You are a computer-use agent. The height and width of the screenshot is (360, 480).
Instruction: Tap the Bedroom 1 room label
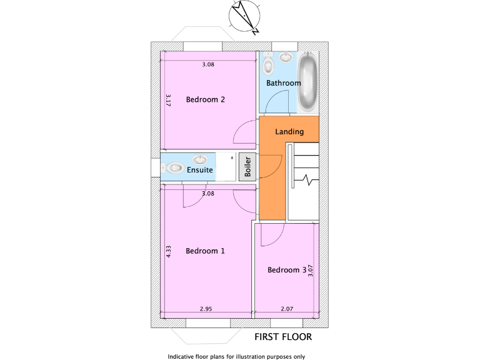[x=205, y=251]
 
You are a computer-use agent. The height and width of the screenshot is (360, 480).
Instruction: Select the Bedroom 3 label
[x=287, y=270]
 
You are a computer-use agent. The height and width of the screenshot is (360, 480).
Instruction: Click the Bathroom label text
[x=283, y=82]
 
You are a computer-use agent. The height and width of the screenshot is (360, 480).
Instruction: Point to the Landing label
[x=289, y=132]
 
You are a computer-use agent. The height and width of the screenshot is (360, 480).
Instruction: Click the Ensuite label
[x=200, y=169]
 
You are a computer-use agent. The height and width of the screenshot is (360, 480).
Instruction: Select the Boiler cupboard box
[x=247, y=167]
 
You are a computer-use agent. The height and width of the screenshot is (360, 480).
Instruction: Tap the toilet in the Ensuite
[x=173, y=168]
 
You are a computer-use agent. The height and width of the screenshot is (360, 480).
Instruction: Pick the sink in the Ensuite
[x=201, y=159]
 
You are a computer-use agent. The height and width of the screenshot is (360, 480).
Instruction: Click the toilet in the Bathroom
[x=269, y=64]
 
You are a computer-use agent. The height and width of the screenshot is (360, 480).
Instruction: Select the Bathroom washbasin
[x=286, y=57]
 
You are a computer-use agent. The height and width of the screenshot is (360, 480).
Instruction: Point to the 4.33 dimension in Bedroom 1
[x=169, y=251]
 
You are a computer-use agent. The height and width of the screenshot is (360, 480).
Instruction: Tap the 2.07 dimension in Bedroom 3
[x=287, y=309]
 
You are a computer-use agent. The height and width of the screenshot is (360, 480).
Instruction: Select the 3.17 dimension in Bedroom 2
[x=169, y=100]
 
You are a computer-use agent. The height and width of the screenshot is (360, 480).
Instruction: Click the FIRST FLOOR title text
[x=283, y=337]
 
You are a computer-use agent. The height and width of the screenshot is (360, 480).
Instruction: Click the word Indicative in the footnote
[x=182, y=357]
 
